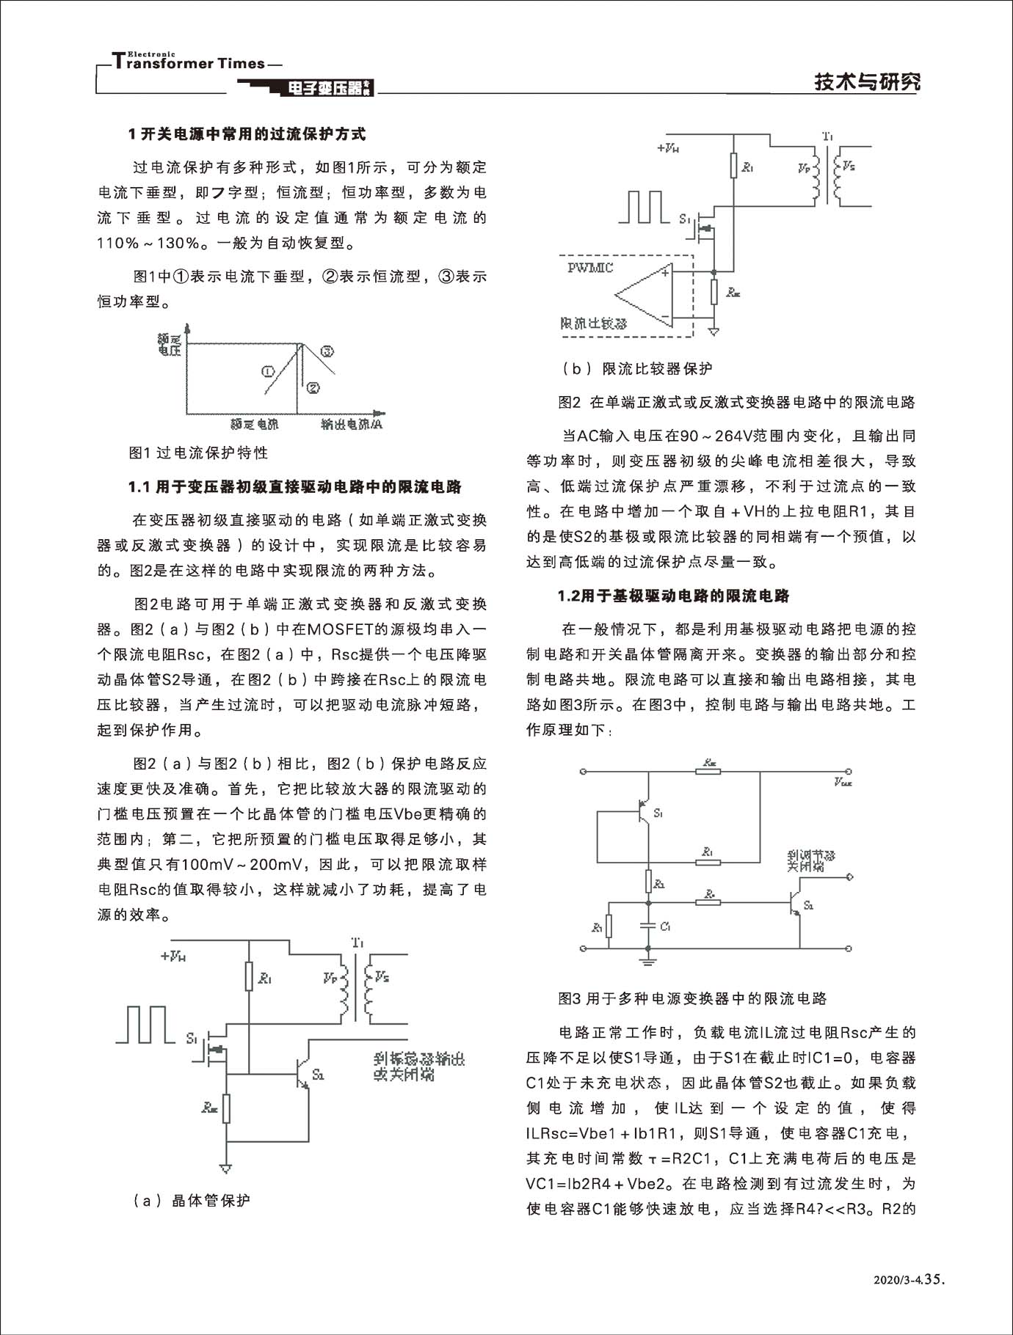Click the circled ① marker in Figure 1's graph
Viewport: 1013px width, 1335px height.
(x=268, y=371)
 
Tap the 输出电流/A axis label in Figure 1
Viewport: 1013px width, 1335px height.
(x=352, y=424)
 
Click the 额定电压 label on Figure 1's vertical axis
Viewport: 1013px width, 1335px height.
(x=169, y=344)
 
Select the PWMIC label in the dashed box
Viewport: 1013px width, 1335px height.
(x=590, y=268)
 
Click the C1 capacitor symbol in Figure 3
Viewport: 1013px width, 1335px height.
(x=648, y=926)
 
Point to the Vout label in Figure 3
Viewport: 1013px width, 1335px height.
(x=843, y=783)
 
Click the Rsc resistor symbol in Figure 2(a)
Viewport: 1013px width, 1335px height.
(x=227, y=1108)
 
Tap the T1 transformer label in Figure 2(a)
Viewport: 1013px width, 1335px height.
(x=357, y=941)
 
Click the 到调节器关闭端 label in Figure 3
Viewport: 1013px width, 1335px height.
(x=810, y=861)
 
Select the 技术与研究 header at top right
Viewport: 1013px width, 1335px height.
(x=867, y=82)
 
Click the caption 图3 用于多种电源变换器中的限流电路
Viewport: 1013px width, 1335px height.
(x=692, y=998)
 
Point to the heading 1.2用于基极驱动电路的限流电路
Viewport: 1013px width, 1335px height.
(x=673, y=596)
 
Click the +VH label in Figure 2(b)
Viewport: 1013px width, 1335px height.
(x=667, y=147)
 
